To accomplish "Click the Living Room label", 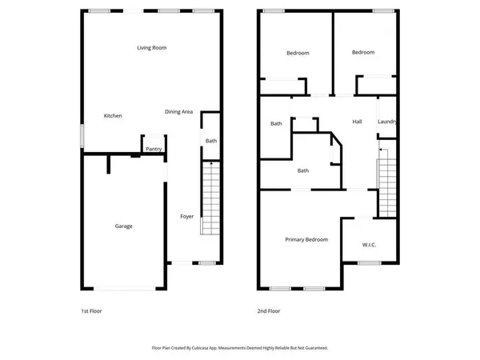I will [151, 48].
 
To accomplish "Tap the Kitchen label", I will [113, 116].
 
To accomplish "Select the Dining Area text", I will [178, 111].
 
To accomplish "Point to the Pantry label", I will [154, 149].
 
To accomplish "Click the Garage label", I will [123, 226].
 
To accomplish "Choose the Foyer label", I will [186, 216].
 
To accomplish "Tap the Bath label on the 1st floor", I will [210, 141].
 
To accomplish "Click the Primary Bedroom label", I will [306, 239].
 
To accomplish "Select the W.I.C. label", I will [369, 244].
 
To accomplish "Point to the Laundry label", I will [387, 122].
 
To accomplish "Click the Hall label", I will [358, 122].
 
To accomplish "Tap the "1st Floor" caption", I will [91, 310].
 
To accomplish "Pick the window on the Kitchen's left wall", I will [81, 136].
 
